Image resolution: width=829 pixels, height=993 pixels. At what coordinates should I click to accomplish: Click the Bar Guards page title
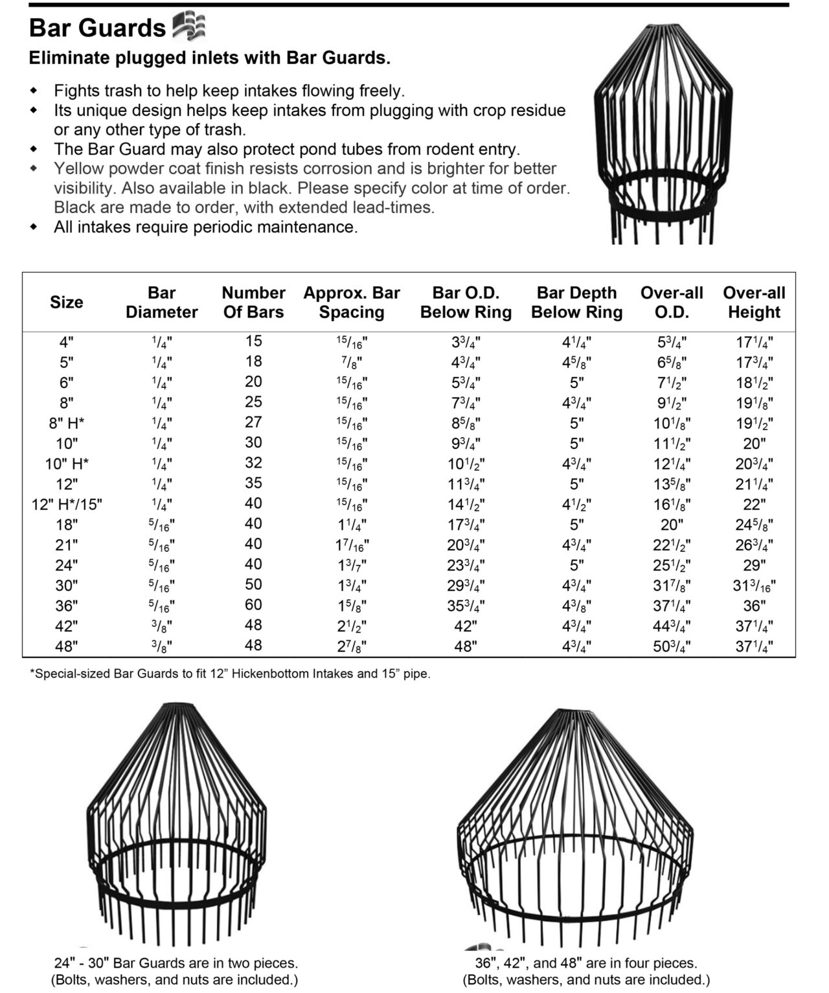coord(98,28)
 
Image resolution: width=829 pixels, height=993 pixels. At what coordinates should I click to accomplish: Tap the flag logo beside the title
coord(188,27)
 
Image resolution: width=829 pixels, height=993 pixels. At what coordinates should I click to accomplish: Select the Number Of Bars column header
coord(253,302)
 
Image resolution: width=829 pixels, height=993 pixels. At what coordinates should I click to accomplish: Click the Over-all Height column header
coord(754,302)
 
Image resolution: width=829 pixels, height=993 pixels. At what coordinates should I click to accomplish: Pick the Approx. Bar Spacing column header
coord(352,302)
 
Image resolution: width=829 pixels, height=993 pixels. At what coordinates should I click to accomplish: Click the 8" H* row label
coord(67,424)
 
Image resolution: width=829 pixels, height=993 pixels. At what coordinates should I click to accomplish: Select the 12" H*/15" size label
coord(67,505)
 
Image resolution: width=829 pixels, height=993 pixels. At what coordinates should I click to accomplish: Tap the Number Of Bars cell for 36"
coord(253,605)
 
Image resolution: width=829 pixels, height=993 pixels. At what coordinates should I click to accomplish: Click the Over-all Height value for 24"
coord(754,565)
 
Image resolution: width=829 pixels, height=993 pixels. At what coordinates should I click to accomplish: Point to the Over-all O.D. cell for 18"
coord(672,524)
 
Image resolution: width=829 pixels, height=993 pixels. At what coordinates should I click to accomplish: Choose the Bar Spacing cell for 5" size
coord(352,362)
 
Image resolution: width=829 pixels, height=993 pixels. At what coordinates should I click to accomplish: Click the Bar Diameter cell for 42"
coord(161,626)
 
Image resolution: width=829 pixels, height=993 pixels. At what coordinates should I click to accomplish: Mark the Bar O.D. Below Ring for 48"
coord(465,646)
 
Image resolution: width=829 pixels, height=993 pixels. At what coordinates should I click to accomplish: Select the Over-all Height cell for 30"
coord(754,586)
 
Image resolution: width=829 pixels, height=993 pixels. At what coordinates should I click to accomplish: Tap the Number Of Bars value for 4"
coord(253,341)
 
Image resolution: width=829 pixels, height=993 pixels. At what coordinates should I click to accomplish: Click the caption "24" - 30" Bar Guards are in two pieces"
coord(175,963)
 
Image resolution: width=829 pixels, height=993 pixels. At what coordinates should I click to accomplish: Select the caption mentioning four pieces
coord(585,963)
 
